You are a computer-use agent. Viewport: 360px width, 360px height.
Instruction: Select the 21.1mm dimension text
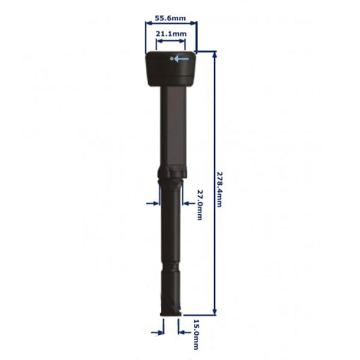pyautogui.click(x=170, y=34)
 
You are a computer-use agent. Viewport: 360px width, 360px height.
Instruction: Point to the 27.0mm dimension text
pyautogui.click(x=200, y=205)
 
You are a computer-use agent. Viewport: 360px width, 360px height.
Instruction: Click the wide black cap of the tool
pyautogui.click(x=171, y=69)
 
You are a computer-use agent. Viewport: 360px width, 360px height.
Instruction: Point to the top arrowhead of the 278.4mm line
pyautogui.click(x=214, y=55)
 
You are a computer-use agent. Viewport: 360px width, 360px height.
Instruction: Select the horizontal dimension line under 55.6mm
pyautogui.click(x=171, y=25)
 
